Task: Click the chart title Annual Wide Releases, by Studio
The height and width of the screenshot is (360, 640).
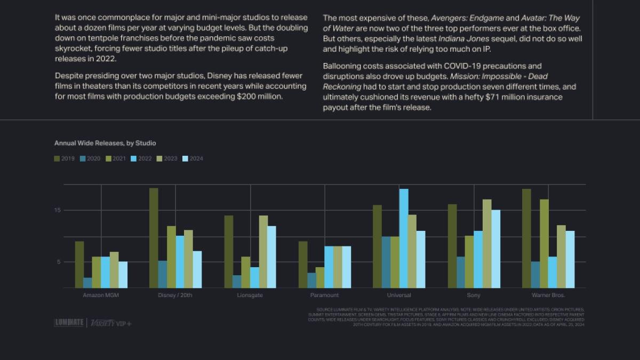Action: (105, 143)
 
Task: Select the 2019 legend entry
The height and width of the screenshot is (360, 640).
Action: (65, 158)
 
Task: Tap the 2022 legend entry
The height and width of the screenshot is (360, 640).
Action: (141, 158)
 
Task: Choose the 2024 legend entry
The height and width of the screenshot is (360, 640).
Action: (193, 158)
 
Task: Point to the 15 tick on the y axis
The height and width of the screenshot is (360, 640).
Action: (58, 210)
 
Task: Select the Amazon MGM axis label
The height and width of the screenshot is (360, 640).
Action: (101, 295)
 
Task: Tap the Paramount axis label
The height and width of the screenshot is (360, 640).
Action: (324, 295)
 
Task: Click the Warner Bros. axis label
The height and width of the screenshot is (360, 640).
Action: (548, 295)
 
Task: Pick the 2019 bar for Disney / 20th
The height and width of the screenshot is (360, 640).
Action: (154, 238)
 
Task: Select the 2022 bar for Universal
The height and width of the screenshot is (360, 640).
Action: (404, 238)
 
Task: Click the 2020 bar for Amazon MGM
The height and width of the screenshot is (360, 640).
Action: (88, 283)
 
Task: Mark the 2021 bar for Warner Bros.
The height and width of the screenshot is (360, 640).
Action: (544, 244)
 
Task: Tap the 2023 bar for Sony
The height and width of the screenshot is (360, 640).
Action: (487, 244)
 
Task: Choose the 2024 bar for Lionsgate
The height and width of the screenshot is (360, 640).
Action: (272, 257)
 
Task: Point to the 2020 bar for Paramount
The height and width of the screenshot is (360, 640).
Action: (311, 280)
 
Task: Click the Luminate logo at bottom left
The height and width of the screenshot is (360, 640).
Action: (69, 323)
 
